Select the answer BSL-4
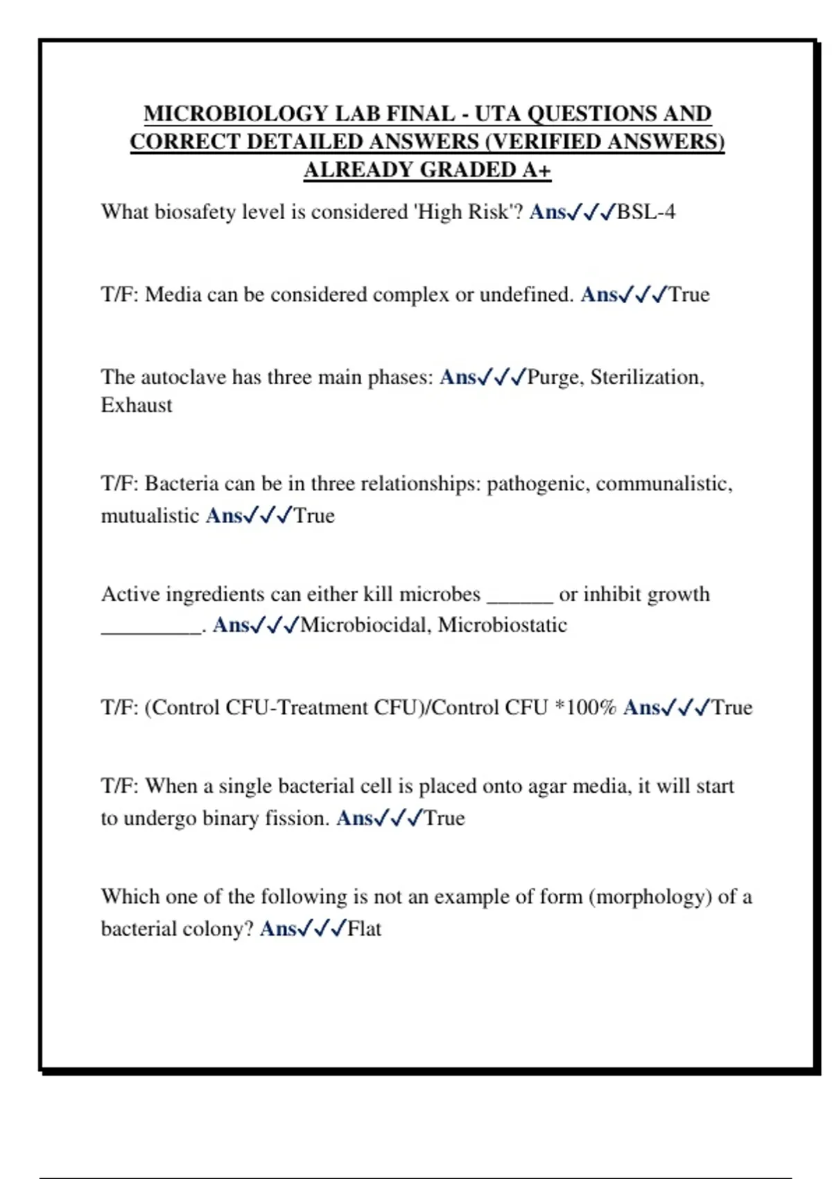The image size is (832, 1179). click(645, 212)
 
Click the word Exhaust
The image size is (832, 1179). click(137, 405)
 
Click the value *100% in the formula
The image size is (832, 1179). click(586, 707)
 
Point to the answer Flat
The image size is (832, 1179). click(364, 929)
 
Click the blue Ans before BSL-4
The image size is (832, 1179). click(547, 212)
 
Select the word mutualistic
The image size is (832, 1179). click(150, 516)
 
